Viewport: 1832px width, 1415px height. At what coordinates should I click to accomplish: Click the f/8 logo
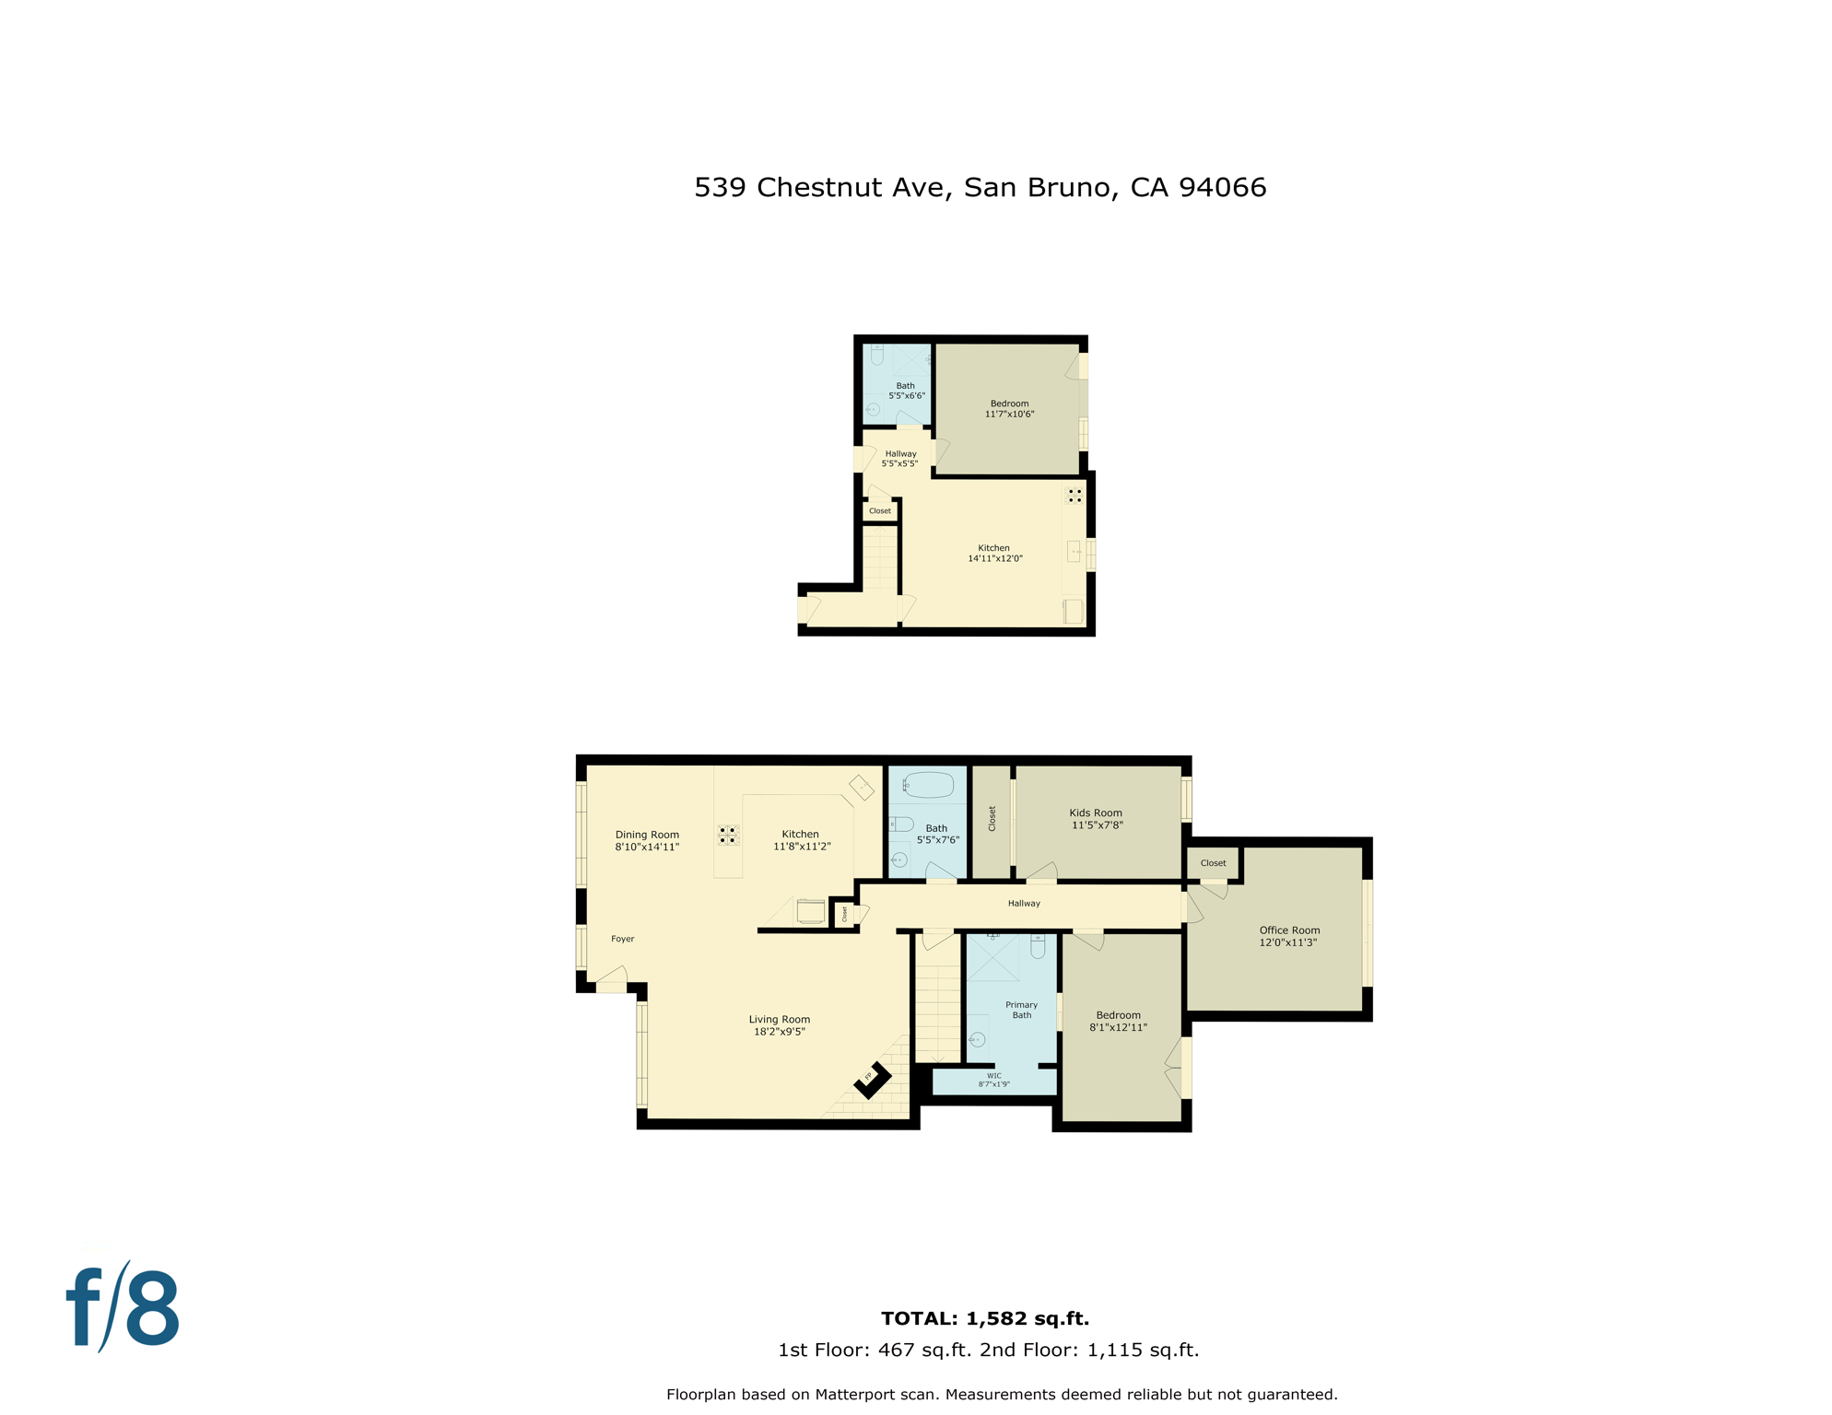pos(123,1308)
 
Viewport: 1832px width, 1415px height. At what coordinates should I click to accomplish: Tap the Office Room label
pos(1289,930)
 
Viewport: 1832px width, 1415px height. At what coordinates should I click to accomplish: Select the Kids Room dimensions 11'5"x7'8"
pos(1097,825)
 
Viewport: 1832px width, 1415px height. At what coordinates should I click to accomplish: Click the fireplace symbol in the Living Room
pos(872,1080)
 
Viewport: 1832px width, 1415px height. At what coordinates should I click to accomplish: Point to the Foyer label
pos(623,939)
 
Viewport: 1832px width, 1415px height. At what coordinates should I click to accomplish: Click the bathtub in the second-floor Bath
pos(928,785)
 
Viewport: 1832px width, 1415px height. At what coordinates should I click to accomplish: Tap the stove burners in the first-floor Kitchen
pos(1075,496)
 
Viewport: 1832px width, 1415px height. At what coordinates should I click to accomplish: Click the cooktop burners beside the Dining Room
pos(728,835)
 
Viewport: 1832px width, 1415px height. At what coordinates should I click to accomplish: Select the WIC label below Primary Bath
pos(993,1076)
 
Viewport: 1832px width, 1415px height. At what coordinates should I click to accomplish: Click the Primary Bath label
pos(1021,1010)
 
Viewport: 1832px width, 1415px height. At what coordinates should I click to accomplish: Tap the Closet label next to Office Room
pos(1213,863)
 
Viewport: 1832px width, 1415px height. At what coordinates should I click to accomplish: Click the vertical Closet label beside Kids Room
pos(992,818)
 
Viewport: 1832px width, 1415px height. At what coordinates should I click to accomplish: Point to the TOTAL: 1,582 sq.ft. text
pos(984,1318)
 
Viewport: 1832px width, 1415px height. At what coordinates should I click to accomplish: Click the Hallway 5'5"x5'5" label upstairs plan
pos(900,459)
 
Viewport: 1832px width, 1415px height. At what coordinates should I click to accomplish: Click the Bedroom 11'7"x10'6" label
pos(1009,409)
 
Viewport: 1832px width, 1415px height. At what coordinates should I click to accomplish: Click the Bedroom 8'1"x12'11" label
pos(1118,1021)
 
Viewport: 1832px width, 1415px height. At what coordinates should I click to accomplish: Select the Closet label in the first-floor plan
pos(880,511)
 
